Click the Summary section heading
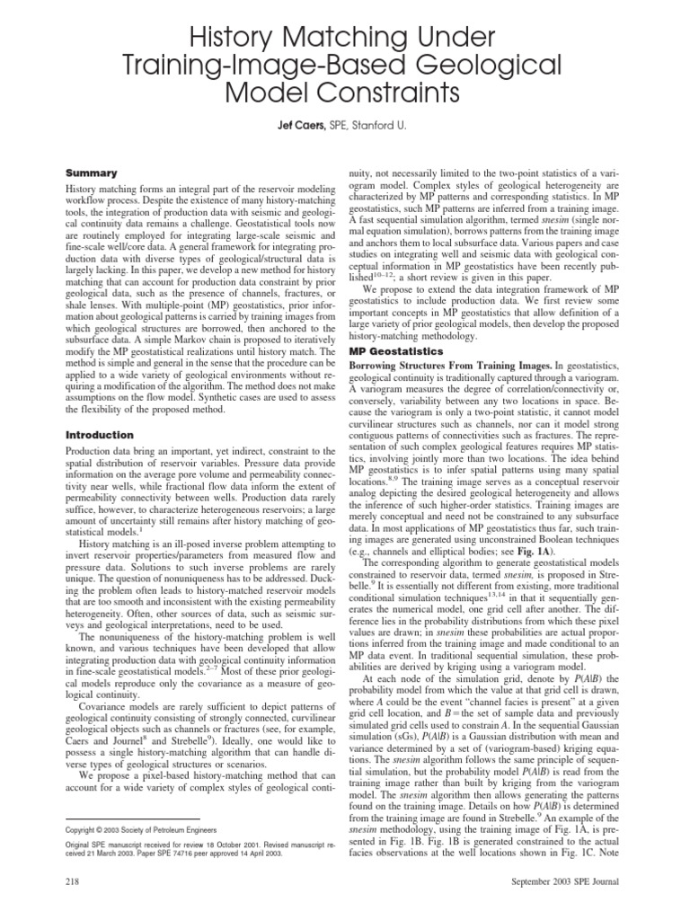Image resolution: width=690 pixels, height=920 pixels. click(93, 172)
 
